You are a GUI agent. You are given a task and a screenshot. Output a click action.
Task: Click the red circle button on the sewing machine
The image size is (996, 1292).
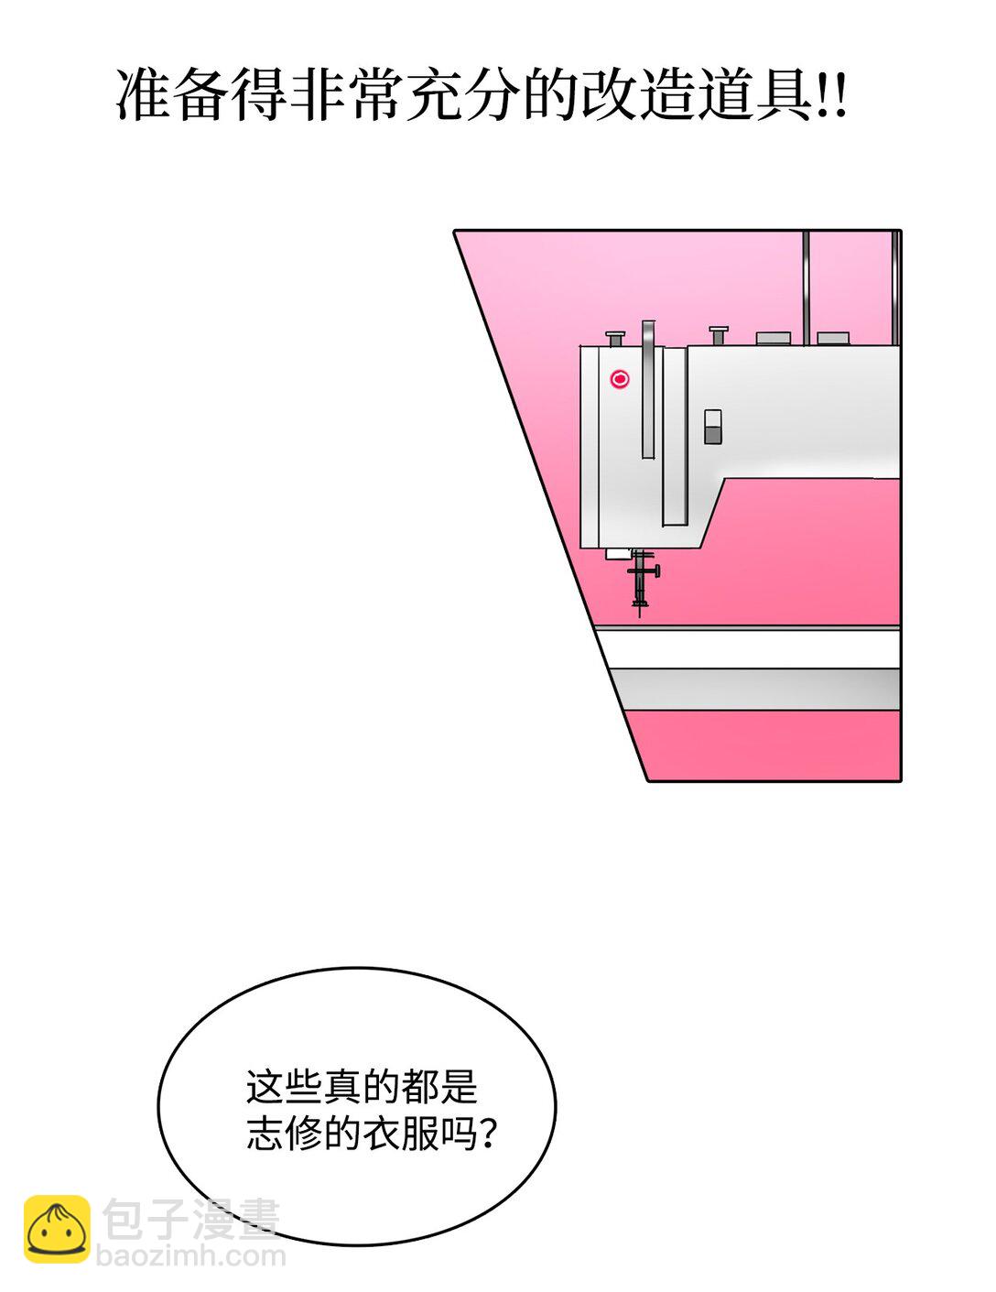[619, 379]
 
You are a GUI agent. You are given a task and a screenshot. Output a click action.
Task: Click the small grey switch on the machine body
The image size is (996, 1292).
[712, 427]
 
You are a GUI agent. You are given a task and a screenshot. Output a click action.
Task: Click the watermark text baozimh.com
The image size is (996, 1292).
[191, 1256]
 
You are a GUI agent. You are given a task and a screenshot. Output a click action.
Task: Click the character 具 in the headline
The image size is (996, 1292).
[785, 95]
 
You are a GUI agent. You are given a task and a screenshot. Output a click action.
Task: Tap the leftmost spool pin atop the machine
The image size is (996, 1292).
[615, 339]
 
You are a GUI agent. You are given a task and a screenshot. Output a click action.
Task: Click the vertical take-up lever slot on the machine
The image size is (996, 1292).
[648, 389]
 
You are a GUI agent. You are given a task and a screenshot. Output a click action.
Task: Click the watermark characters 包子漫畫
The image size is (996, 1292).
[190, 1217]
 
